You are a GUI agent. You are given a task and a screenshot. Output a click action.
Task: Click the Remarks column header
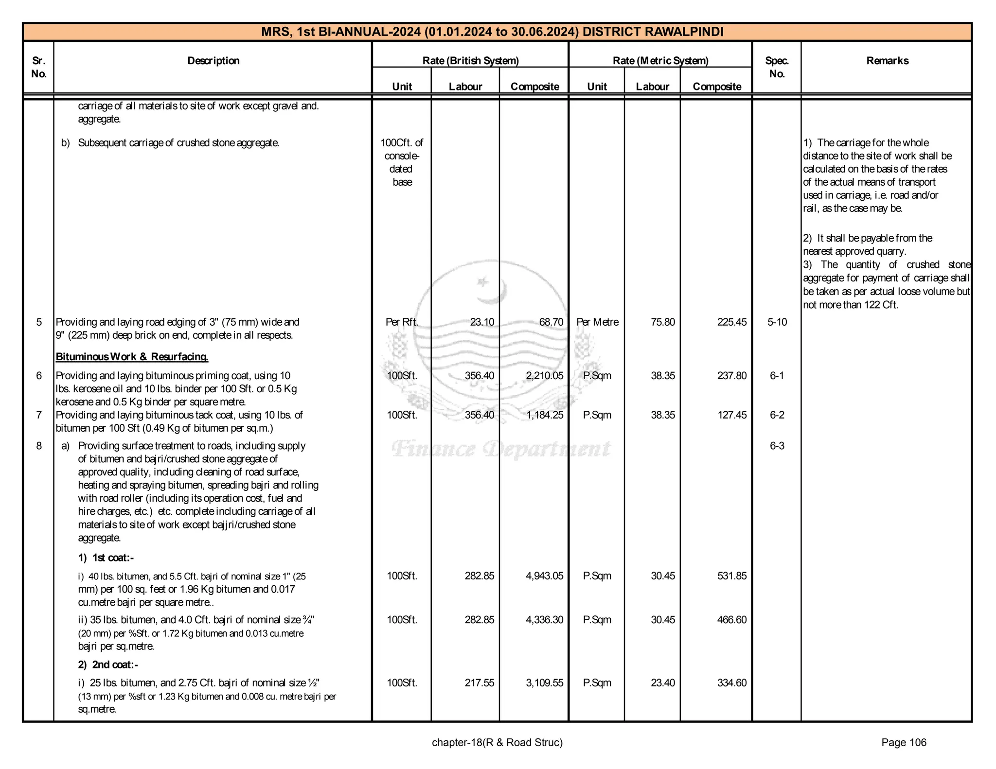point(887,61)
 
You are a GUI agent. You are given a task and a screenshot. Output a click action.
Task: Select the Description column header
point(213,61)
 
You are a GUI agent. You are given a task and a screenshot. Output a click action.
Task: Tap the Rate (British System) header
point(470,61)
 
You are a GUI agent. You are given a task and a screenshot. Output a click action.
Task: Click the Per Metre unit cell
point(597,322)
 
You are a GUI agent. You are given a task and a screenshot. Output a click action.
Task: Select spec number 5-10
point(777,322)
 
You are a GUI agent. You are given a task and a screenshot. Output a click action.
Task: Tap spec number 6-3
point(777,446)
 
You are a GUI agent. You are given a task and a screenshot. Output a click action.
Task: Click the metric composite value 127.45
point(731,415)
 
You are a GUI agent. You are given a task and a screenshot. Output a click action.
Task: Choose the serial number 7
point(39,415)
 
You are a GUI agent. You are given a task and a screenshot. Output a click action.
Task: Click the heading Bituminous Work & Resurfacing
point(132,357)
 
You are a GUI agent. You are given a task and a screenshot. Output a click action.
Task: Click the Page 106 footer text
point(904,742)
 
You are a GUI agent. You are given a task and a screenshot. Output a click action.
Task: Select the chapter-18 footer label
point(497,742)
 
